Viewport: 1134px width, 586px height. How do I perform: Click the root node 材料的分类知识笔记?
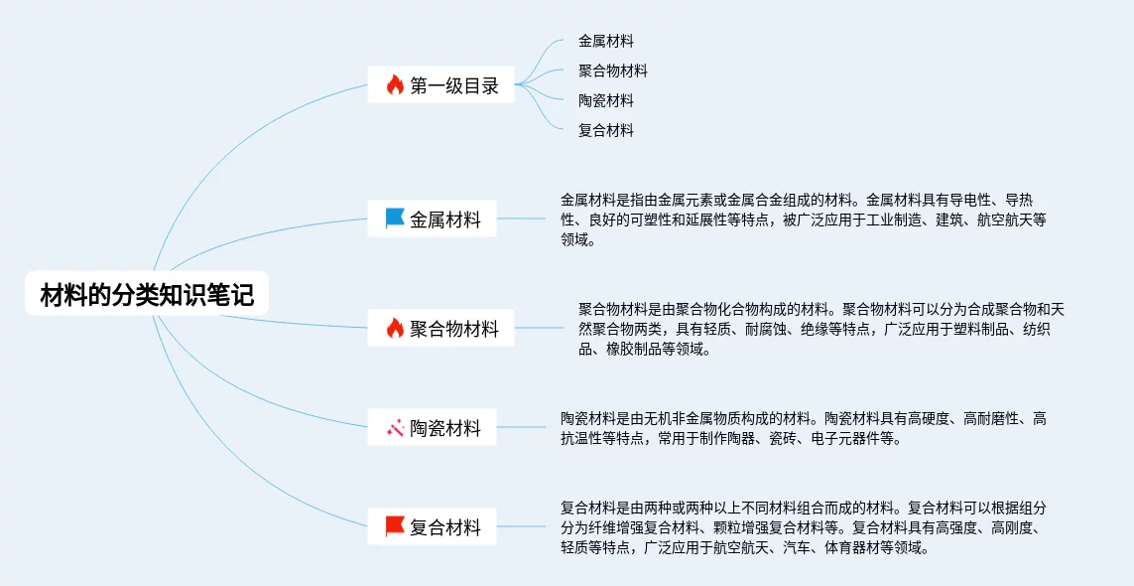pos(146,295)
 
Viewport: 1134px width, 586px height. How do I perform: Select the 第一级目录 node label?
pos(454,85)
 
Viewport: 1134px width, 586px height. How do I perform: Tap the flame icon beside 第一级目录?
pos(395,85)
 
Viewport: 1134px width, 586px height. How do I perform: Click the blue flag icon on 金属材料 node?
pos(395,219)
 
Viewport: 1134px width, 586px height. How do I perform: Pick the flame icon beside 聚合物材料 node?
pos(395,328)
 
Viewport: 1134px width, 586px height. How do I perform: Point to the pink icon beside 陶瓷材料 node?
pos(395,428)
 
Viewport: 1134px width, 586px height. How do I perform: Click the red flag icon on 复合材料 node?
pos(395,526)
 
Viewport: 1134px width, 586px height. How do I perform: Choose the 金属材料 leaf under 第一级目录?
pos(605,42)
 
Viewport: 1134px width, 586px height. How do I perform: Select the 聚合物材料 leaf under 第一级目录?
pos(612,71)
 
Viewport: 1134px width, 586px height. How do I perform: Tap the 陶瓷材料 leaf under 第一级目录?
pos(605,100)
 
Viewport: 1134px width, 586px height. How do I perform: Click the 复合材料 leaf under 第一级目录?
pos(605,130)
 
